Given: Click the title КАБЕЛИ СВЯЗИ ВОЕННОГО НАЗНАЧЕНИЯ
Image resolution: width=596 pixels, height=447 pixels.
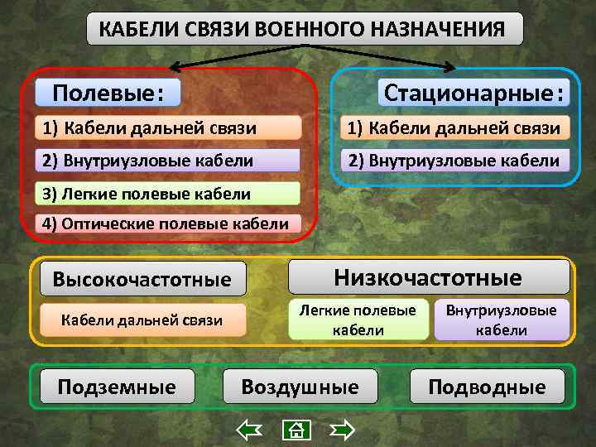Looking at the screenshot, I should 305,29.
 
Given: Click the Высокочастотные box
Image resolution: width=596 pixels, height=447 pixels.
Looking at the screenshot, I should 142,279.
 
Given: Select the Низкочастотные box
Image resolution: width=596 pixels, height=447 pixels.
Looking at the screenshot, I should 428,277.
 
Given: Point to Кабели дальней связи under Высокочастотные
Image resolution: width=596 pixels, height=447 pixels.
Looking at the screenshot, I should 142,320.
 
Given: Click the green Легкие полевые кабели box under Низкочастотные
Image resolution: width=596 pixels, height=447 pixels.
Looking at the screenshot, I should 358,320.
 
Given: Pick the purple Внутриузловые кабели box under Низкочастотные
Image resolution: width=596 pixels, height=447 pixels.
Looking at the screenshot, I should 502,320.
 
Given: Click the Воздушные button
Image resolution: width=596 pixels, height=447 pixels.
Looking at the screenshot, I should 300,387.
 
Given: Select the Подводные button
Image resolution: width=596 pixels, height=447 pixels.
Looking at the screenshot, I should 487,387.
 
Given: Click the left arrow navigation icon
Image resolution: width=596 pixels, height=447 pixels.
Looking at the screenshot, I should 248,430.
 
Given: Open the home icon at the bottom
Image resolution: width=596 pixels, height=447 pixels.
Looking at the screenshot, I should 296,430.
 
